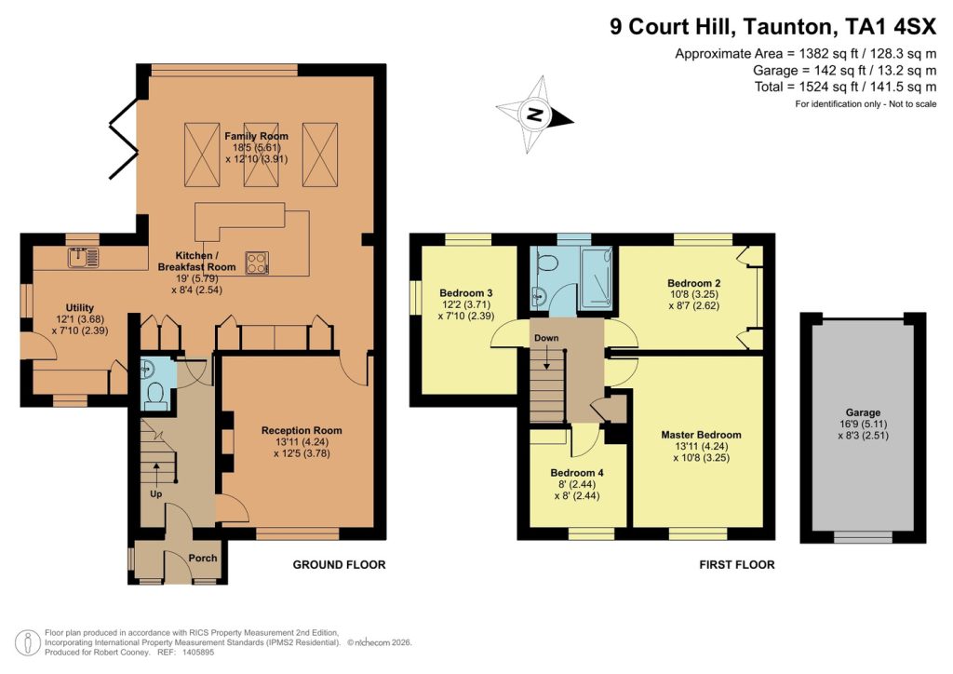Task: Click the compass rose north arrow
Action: point(534,115)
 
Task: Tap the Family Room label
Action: point(256,137)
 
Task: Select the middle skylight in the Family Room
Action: point(256,155)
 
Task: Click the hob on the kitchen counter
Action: point(257,263)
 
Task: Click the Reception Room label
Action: point(302,430)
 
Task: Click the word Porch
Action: point(203,559)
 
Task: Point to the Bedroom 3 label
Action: point(465,293)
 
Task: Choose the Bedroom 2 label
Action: point(693,283)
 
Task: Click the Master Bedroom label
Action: point(701,435)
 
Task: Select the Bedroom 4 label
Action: point(577,473)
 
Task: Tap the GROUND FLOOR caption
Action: point(339,565)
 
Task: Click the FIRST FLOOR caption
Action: point(736,565)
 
